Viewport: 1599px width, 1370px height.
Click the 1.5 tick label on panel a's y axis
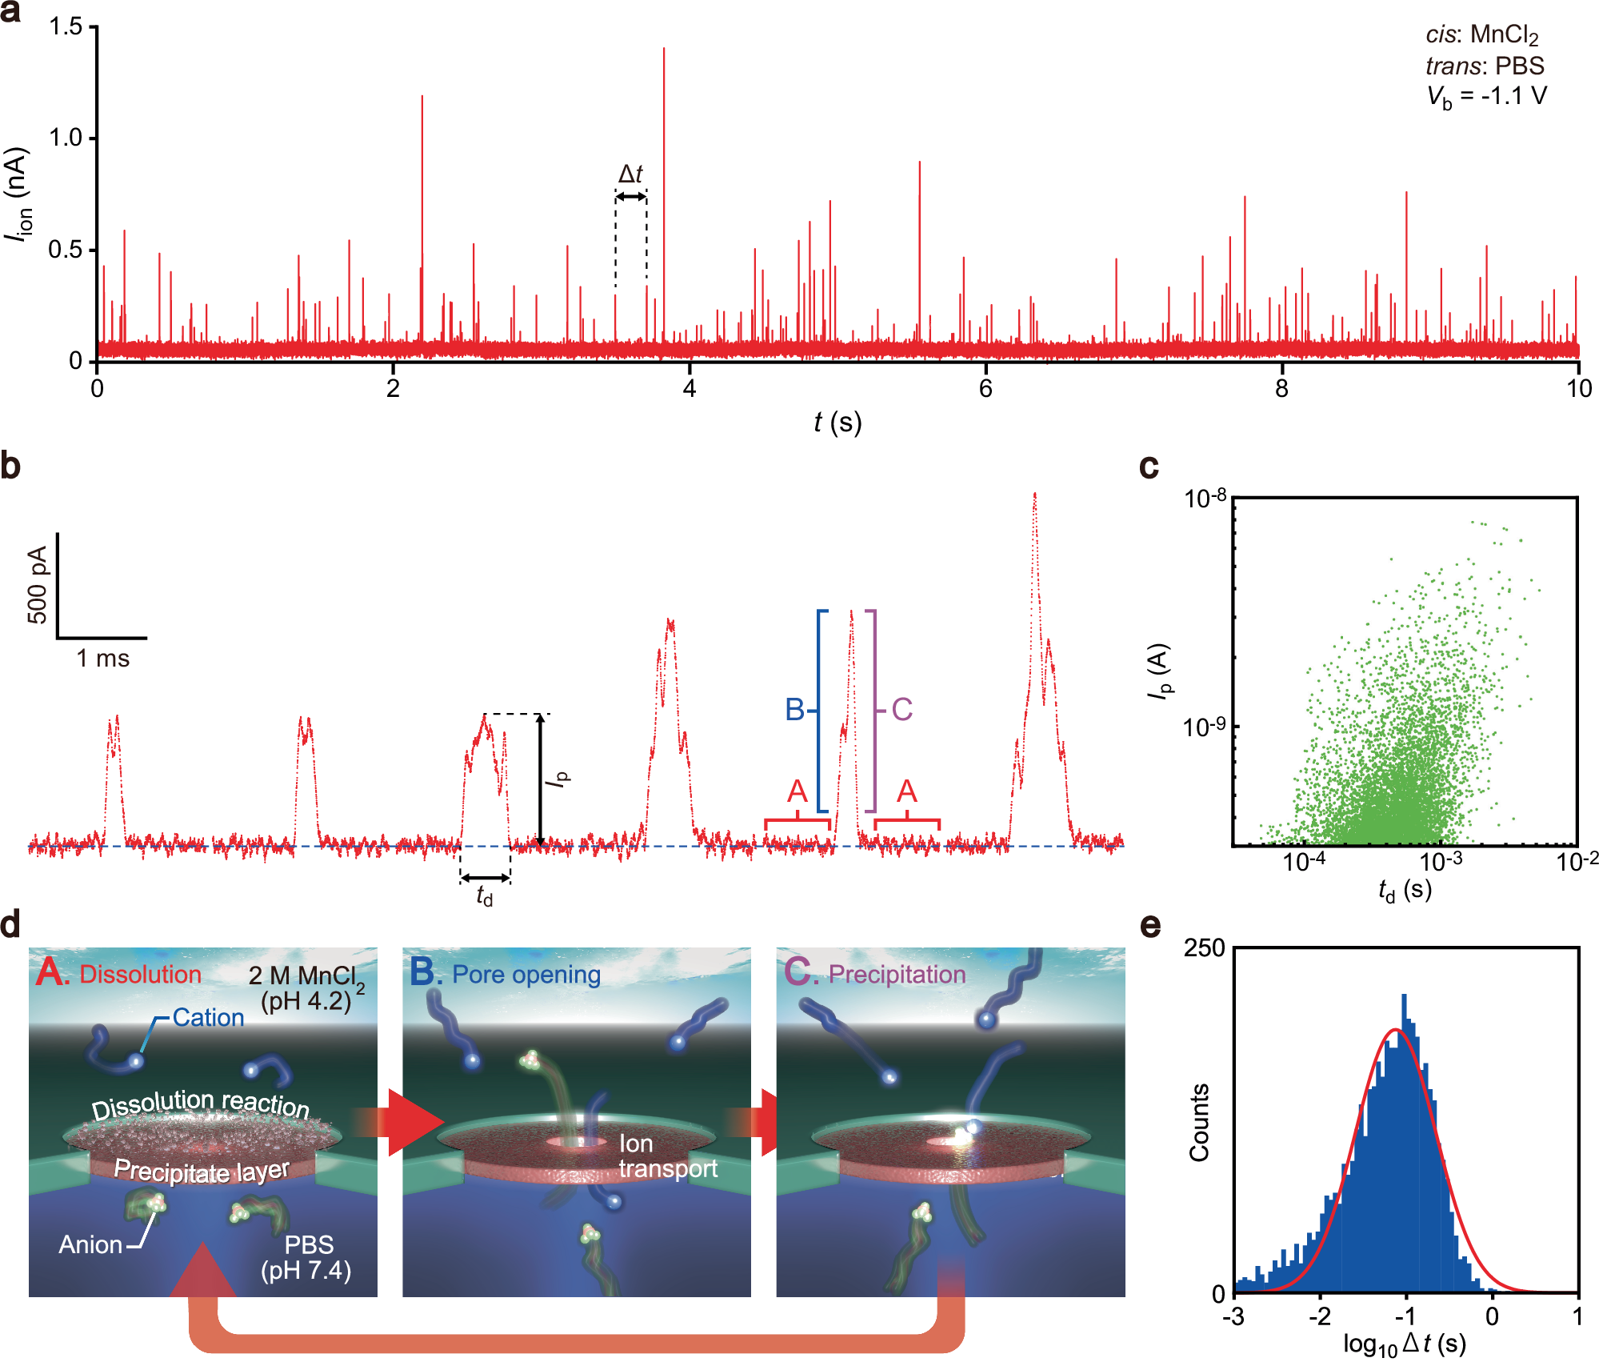tap(66, 26)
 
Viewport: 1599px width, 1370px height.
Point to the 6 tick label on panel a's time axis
tap(985, 389)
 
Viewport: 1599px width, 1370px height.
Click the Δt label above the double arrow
tap(630, 174)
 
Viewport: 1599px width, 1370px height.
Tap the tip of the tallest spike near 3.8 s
tap(664, 50)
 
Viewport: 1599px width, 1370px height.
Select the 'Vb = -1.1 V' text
tap(1486, 97)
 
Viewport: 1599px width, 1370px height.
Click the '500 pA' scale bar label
tap(38, 584)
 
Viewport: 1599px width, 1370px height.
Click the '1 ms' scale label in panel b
tap(102, 659)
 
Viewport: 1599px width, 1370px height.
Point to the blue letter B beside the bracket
tap(794, 710)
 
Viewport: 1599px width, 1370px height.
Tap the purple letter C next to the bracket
tap(901, 710)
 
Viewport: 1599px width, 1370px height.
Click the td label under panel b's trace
tap(485, 895)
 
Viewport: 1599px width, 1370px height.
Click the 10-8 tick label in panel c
tap(1205, 499)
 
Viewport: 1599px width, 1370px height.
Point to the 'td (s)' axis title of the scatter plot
tap(1405, 890)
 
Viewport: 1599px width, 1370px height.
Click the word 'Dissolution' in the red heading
tap(140, 974)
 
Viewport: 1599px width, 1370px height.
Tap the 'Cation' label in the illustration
tap(208, 1017)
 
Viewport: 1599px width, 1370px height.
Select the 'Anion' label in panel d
tap(90, 1244)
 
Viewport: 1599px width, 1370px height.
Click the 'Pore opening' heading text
tap(526, 974)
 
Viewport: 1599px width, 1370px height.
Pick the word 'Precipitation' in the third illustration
tap(897, 974)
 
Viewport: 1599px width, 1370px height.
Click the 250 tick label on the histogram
tap(1204, 948)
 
